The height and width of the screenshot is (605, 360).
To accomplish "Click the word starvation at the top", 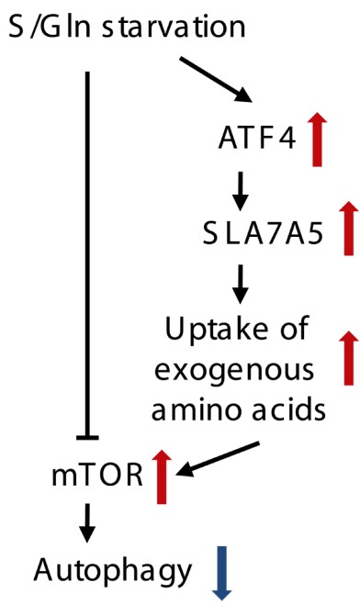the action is [174, 27].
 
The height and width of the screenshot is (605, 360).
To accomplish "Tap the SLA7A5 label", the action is [263, 235].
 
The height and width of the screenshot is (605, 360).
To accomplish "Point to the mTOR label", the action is [97, 476].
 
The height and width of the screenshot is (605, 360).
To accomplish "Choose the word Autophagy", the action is [113, 572].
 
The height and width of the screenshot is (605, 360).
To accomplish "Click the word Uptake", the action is [216, 330].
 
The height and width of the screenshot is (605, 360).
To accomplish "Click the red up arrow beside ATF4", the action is [317, 140].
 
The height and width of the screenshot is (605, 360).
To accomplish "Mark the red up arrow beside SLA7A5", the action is [349, 228].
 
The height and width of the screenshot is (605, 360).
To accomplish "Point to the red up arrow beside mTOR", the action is [162, 476].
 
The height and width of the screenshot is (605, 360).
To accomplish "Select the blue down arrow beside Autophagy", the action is [222, 573].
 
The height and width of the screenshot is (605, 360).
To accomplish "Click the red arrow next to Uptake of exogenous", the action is [349, 358].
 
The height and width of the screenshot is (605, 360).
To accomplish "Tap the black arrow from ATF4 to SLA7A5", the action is [240, 191].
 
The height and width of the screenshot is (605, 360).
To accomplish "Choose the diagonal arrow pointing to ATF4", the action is [216, 80].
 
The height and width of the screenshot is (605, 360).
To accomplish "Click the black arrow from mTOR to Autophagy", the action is [87, 523].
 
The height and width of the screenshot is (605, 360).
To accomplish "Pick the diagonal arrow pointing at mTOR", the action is [218, 459].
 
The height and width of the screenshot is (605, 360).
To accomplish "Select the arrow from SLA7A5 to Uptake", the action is [240, 284].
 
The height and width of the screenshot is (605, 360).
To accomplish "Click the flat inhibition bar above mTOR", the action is [87, 438].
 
